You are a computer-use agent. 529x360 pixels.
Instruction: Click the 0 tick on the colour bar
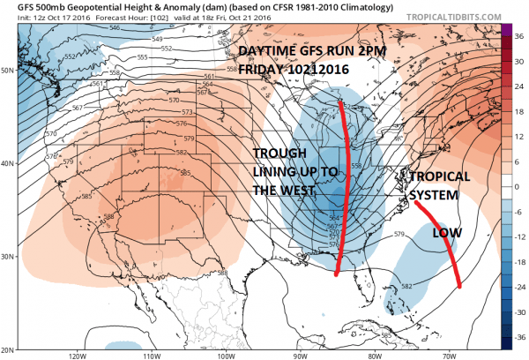[x=520, y=187]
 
